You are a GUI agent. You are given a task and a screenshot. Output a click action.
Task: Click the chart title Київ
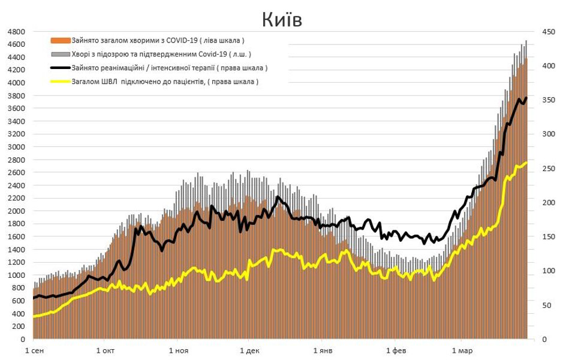coord(281,19)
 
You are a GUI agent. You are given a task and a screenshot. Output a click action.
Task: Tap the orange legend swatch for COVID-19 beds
coord(61,41)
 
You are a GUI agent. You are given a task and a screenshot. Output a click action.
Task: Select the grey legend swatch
coord(61,54)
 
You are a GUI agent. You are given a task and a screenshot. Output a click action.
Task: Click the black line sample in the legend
coord(61,68)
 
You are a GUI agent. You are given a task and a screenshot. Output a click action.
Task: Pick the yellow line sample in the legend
coord(61,81)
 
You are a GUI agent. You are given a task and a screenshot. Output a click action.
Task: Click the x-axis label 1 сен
coord(34,350)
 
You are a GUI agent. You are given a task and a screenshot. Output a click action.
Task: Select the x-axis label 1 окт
coord(105,350)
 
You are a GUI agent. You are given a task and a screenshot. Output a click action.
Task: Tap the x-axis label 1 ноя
coord(177,350)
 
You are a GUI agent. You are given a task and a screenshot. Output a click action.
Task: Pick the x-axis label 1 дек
coord(248,350)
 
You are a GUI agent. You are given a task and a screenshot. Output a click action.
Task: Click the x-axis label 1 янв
coord(322,350)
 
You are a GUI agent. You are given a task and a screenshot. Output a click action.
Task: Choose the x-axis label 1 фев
coord(395,350)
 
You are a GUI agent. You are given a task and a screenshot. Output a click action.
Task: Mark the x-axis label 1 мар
coord(460,350)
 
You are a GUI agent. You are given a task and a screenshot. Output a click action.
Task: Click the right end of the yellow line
coord(526,163)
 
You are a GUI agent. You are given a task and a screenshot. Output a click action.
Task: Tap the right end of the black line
coord(526,98)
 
